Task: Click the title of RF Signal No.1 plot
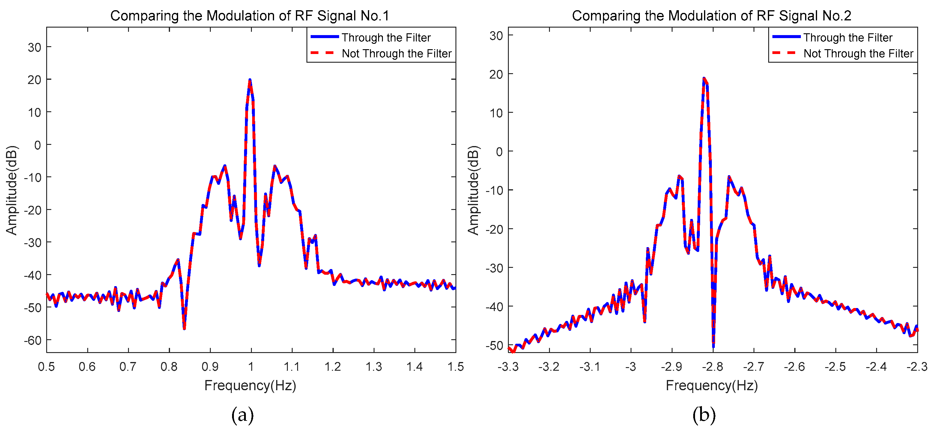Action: pyautogui.click(x=249, y=16)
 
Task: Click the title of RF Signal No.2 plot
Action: pyautogui.click(x=711, y=16)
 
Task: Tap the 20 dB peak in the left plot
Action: pyautogui.click(x=249, y=80)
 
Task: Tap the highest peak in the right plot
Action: pyautogui.click(x=704, y=79)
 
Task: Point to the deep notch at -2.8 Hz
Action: pyautogui.click(x=713, y=344)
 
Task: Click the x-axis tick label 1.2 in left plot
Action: pyautogui.click(x=333, y=367)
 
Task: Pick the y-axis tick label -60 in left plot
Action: pyautogui.click(x=33, y=340)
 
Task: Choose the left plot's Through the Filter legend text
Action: pyautogui.click(x=386, y=37)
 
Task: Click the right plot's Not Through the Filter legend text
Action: pyautogui.click(x=858, y=53)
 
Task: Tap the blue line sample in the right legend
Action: pyautogui.click(x=786, y=37)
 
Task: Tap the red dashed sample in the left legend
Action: pyautogui.click(x=323, y=53)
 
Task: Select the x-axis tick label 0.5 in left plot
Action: pyautogui.click(x=46, y=367)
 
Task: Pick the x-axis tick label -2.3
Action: pyautogui.click(x=917, y=367)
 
